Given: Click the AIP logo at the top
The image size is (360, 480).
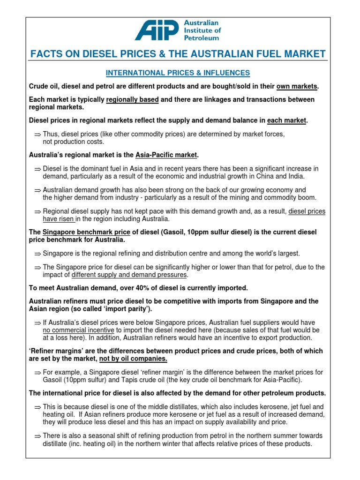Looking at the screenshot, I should tap(157, 30).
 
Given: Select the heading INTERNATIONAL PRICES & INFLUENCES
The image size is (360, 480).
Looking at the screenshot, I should tap(178, 73).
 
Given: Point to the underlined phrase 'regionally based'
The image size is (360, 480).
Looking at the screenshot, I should tap(133, 100).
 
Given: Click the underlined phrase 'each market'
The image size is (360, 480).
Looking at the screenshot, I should tap(286, 120).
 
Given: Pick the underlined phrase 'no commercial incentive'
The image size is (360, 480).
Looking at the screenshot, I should tap(79, 330).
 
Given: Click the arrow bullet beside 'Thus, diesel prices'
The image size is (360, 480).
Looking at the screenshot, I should tap(37, 135).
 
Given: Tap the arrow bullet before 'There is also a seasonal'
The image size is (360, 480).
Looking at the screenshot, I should tap(37, 436).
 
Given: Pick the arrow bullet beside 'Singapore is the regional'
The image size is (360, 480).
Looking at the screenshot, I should tap(37, 254).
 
